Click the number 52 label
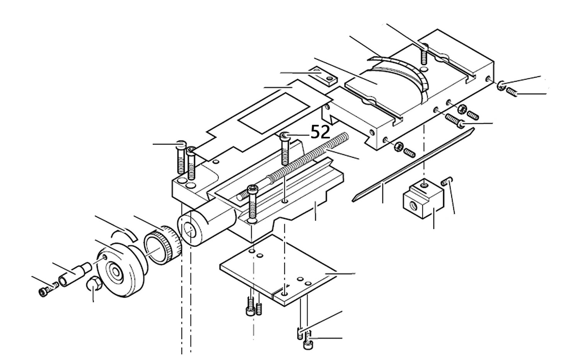click(320, 132)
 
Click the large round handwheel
click(120, 270)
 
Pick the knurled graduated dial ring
click(163, 245)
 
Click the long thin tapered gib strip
click(413, 165)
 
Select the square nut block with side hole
click(423, 198)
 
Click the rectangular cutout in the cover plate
click(274, 113)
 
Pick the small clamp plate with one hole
click(324, 76)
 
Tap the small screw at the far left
click(48, 290)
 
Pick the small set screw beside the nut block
click(446, 182)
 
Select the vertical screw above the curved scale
click(424, 55)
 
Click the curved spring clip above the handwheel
click(124, 234)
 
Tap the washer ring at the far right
click(501, 86)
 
